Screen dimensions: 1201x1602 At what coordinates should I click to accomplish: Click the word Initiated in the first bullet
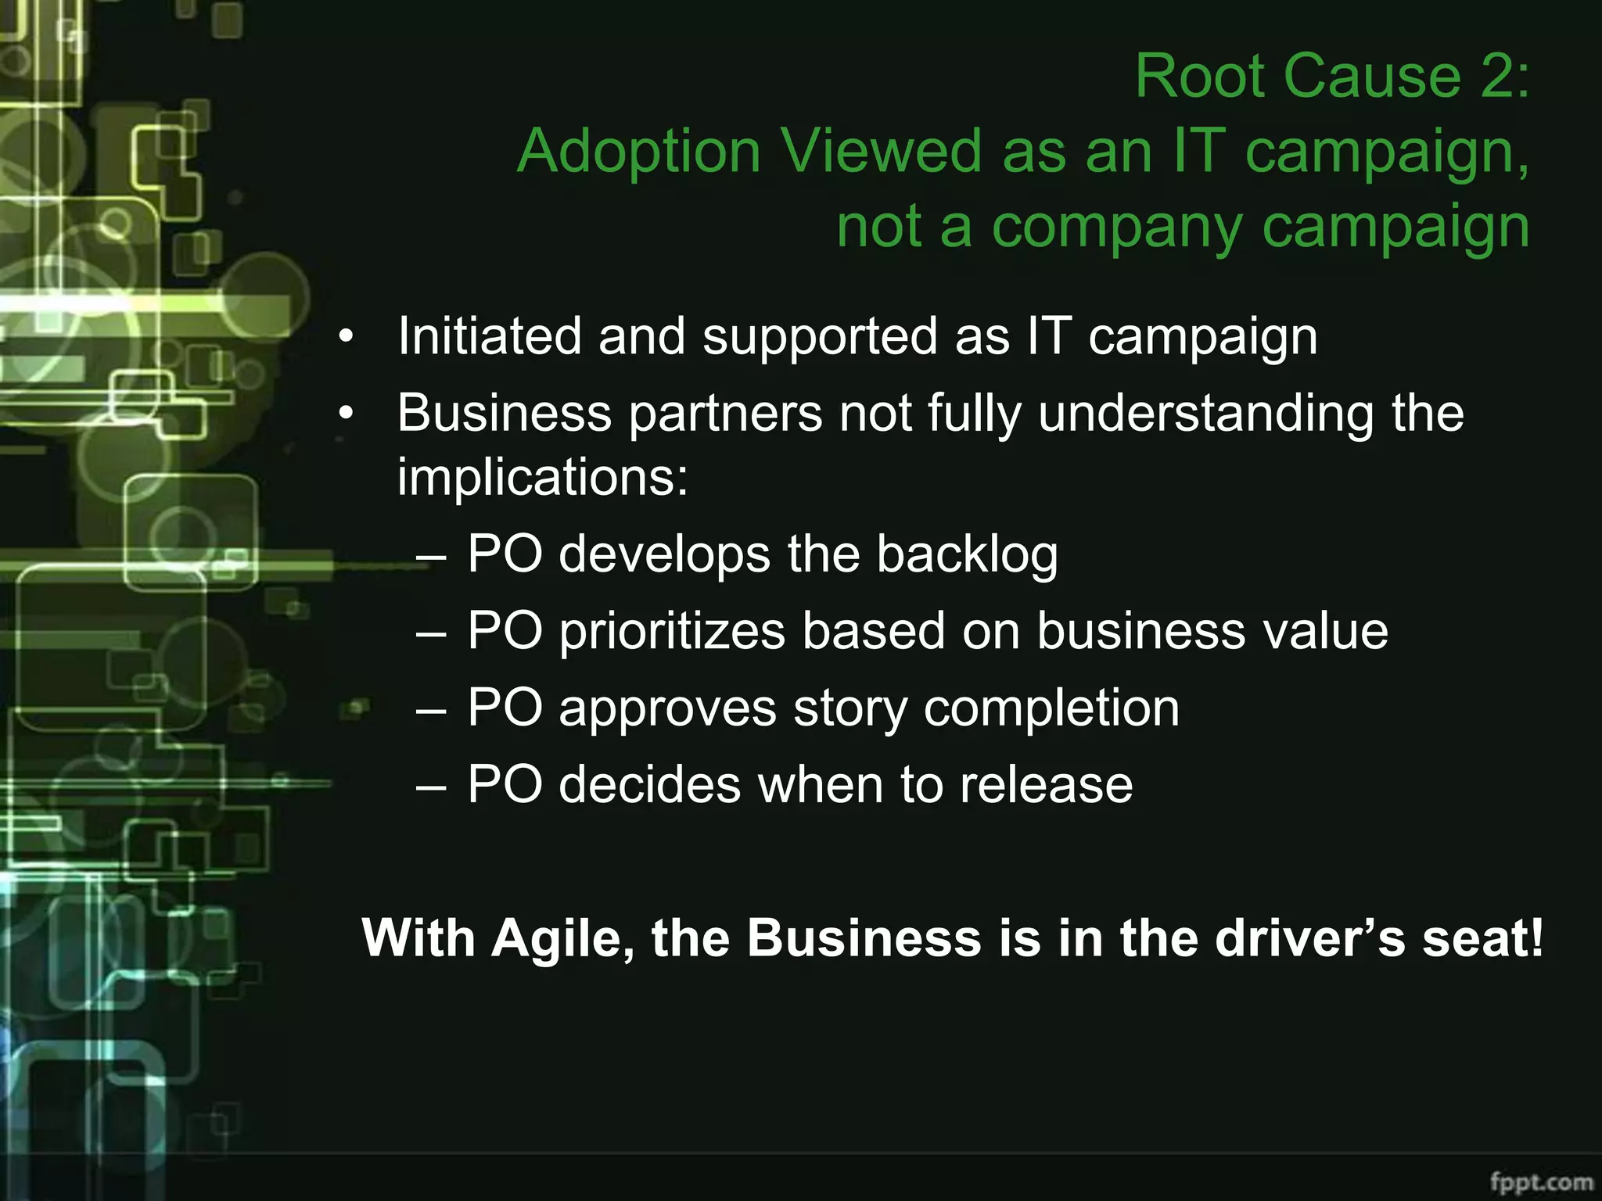click(x=490, y=336)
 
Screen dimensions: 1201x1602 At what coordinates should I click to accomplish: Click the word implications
click(x=542, y=477)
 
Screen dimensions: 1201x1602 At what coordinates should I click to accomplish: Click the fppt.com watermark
click(x=1541, y=1180)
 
